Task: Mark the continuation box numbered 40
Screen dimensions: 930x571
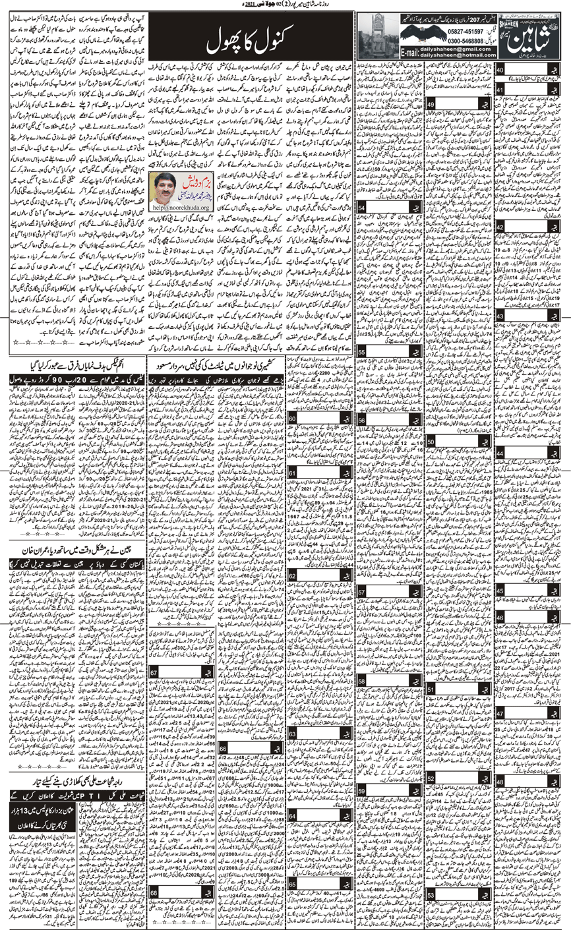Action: (501, 71)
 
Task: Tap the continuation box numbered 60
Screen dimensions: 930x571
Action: (292, 421)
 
